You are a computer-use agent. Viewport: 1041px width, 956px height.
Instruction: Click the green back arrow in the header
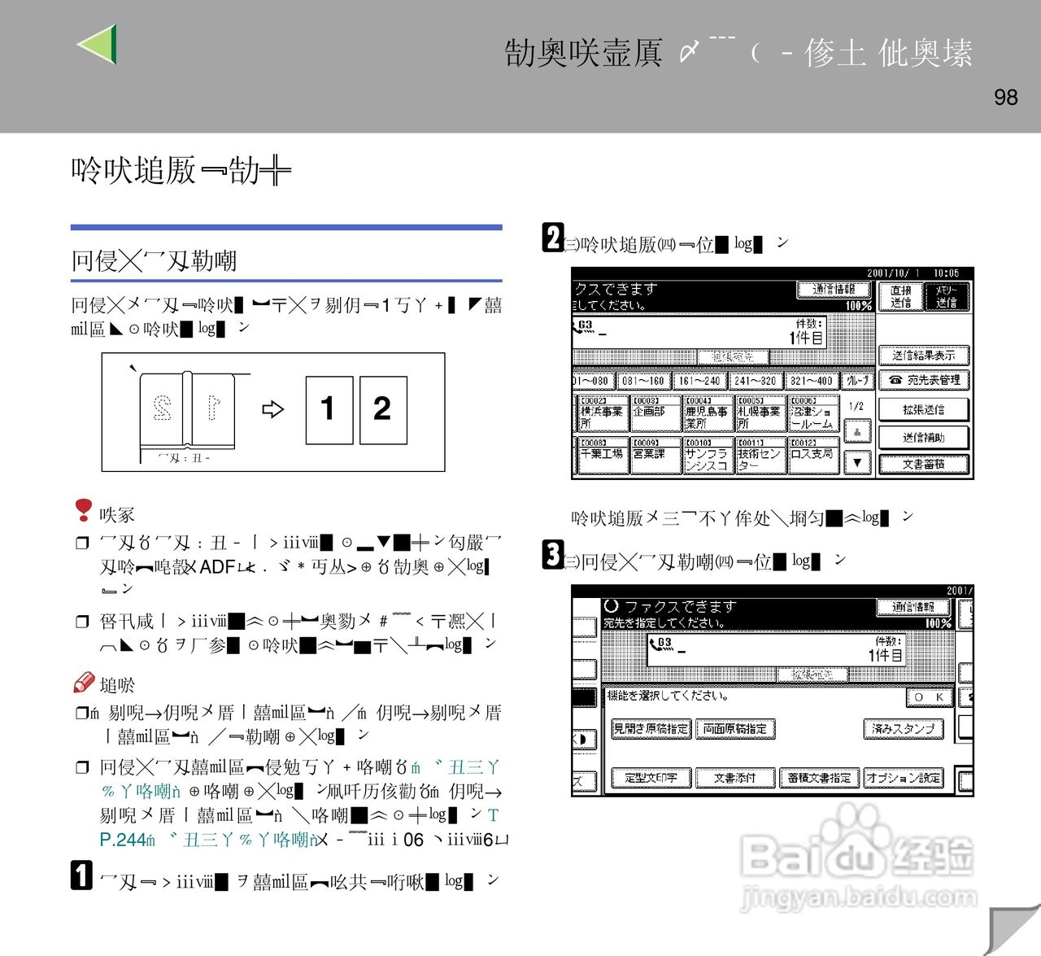(98, 44)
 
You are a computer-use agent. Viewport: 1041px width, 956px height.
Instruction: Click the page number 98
(1005, 98)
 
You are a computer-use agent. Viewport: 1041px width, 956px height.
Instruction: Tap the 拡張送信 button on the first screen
(923, 410)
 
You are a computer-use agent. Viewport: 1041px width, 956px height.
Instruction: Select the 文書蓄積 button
(923, 465)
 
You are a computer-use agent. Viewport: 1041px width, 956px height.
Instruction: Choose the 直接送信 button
(900, 296)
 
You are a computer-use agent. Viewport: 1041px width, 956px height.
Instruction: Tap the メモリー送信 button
(946, 296)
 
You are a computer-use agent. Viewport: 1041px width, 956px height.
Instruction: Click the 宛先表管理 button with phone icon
(923, 380)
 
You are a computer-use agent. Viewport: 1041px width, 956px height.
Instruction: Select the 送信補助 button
(923, 438)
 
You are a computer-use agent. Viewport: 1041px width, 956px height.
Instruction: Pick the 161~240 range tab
(699, 380)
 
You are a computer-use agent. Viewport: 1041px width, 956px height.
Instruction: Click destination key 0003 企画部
(655, 413)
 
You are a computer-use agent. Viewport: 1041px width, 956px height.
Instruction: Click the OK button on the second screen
(929, 697)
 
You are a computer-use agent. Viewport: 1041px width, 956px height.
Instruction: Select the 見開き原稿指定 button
(651, 729)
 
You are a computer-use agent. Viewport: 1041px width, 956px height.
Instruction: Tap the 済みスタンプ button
(903, 729)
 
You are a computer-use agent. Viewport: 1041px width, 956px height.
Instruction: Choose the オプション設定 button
(903, 779)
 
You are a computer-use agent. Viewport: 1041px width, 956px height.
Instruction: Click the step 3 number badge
(553, 556)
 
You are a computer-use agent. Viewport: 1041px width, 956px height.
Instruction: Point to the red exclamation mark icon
(83, 510)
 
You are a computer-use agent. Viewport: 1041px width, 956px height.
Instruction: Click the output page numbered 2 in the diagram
(382, 409)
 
